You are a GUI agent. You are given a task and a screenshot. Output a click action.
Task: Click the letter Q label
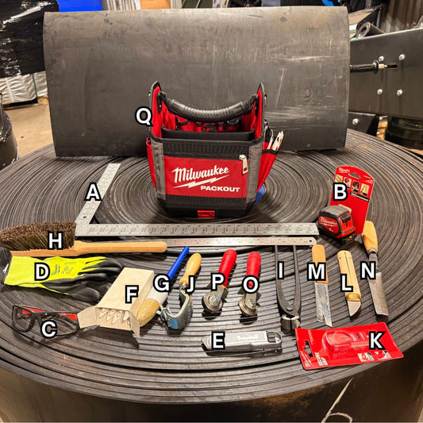pyautogui.click(x=143, y=116)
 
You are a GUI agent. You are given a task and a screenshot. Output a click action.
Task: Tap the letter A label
pyautogui.click(x=93, y=191)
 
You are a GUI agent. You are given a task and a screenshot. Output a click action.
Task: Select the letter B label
pyautogui.click(x=339, y=190)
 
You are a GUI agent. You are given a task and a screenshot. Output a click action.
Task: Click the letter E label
pyautogui.click(x=217, y=342)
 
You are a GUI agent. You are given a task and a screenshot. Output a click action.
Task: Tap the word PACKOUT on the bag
pyautogui.click(x=213, y=188)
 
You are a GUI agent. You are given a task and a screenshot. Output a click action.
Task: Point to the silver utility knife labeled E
pyautogui.click(x=246, y=341)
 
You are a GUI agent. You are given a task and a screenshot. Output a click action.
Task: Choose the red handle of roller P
pyautogui.click(x=227, y=268)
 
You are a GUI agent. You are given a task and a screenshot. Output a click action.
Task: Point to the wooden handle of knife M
pyautogui.click(x=318, y=261)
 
